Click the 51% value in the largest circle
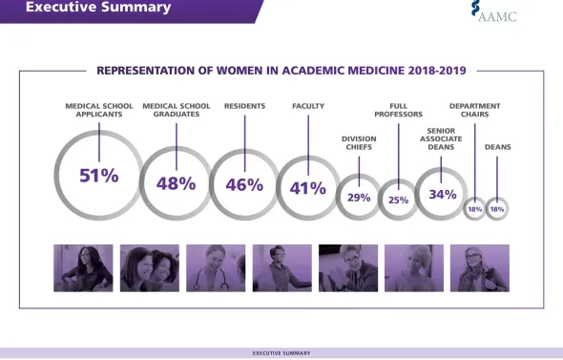(99, 176)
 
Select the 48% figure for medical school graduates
(176, 183)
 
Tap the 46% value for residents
(244, 184)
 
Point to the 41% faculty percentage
(307, 188)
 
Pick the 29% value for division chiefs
(359, 198)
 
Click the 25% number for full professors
(398, 201)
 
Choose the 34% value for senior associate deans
(442, 194)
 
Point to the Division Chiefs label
(359, 142)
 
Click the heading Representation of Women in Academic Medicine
(283, 70)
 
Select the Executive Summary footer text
(281, 352)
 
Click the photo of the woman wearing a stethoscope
(216, 267)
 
